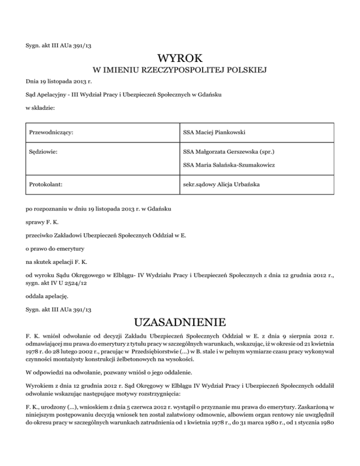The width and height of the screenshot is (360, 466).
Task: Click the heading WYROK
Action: [180, 59]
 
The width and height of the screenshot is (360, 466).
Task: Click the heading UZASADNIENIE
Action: [180, 323]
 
